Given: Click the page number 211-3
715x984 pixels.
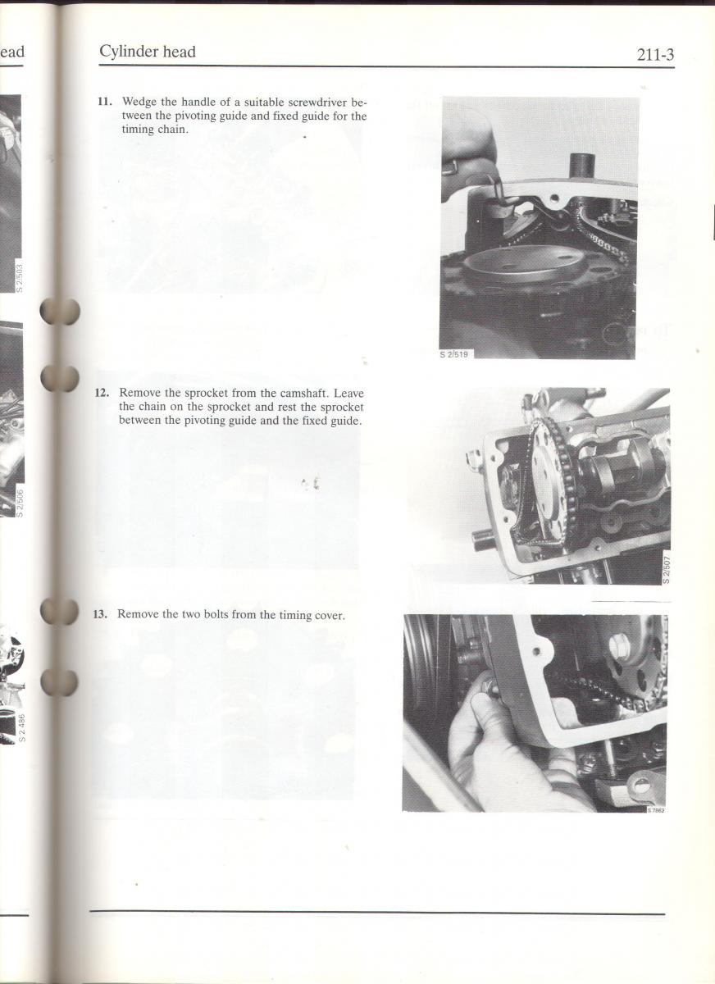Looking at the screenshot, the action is pos(655,55).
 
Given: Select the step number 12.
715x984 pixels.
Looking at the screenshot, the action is pos(102,392).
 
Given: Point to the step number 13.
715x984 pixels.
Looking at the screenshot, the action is pos(100,614).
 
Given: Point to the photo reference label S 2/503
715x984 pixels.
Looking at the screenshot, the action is pos(19,277).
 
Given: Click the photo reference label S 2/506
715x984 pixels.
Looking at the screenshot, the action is pos(20,502).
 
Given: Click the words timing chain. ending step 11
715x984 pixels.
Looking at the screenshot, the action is pos(155,130).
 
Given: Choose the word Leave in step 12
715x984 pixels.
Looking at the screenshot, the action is pos(348,393).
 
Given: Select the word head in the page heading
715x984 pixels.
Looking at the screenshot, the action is pos(180,52).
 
